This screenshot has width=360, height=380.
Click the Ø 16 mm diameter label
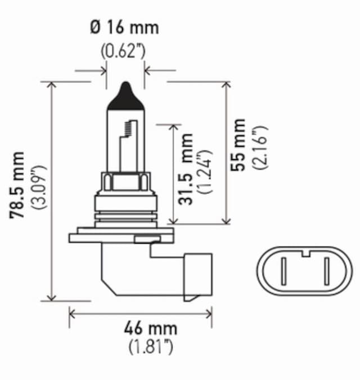tap(125, 27)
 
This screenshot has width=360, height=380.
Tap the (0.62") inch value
tap(125, 52)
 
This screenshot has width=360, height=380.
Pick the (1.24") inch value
tap(205, 171)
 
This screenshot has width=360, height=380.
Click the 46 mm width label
tap(151, 328)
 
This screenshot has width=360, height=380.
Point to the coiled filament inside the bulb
tap(130, 128)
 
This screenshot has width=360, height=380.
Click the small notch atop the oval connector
tap(305, 252)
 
